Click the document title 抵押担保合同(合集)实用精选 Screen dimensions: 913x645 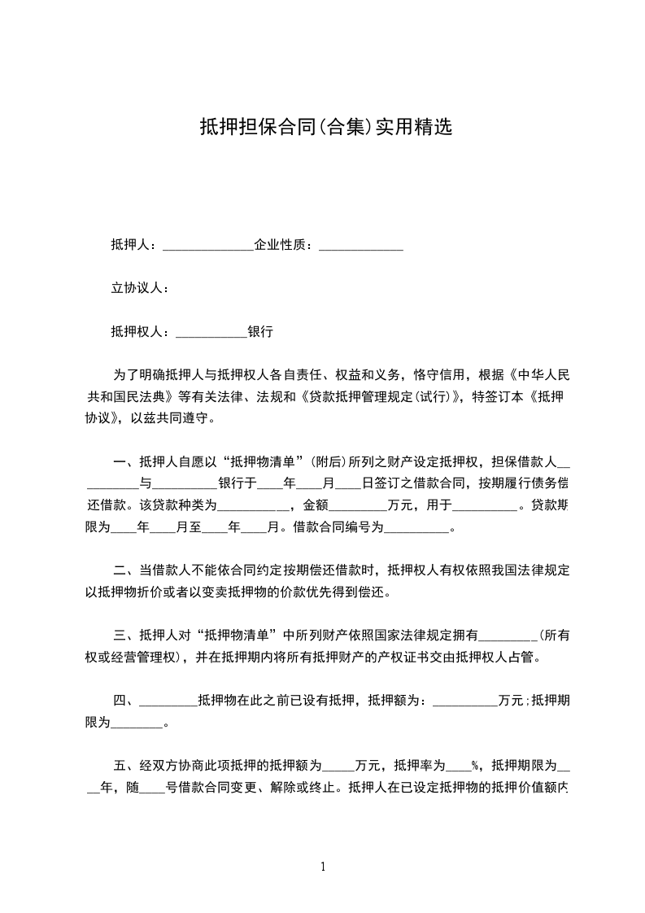(325, 128)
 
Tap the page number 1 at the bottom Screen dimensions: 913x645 (323, 867)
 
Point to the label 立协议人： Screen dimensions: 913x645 (140, 288)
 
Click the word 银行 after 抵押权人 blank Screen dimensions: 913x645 (260, 331)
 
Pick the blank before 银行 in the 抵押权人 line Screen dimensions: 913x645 (211, 334)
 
